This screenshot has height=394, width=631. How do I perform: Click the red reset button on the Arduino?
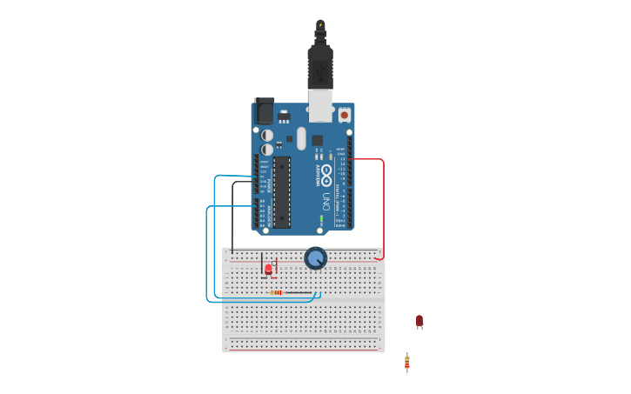pyautogui.click(x=344, y=114)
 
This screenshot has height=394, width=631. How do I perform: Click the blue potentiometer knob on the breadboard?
pyautogui.click(x=315, y=257)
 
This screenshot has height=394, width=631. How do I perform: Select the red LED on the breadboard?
pyautogui.click(x=268, y=269)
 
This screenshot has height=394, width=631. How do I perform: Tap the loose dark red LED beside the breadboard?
pyautogui.click(x=419, y=321)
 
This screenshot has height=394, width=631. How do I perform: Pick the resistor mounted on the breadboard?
pyautogui.click(x=276, y=292)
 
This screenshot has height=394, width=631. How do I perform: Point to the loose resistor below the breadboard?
pyautogui.click(x=406, y=362)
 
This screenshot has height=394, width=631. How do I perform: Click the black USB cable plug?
pyautogui.click(x=320, y=65)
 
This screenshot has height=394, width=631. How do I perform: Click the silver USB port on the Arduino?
pyautogui.click(x=320, y=105)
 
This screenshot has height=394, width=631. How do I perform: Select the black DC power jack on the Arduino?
pyautogui.click(x=263, y=111)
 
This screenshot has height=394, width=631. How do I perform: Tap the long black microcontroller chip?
pyautogui.click(x=281, y=192)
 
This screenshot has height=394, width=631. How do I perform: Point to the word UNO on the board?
pyautogui.click(x=326, y=202)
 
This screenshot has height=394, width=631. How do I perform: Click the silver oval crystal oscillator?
pyautogui.click(x=301, y=138)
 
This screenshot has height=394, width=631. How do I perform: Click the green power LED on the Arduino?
pyautogui.click(x=320, y=219)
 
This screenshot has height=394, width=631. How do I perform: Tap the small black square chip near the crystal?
pyautogui.click(x=317, y=140)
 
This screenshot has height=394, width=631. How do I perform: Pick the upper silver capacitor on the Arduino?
pyautogui.click(x=267, y=135)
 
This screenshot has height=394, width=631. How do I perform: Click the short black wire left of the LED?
pyautogui.click(x=262, y=265)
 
